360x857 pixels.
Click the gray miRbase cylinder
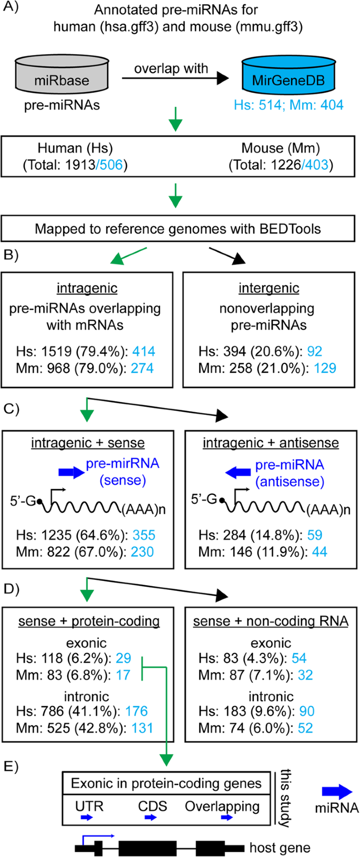[x=61, y=77]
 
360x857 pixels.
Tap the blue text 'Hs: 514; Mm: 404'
[x=289, y=105]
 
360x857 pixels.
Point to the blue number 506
[x=111, y=165]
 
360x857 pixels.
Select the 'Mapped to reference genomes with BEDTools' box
[x=178, y=229]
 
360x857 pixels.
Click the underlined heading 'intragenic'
[x=87, y=288]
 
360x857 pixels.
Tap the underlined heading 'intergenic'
[x=269, y=288]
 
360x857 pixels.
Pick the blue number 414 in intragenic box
[x=143, y=351]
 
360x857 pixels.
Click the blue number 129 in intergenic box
[x=325, y=368]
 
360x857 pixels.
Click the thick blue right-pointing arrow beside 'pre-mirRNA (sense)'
[x=70, y=472]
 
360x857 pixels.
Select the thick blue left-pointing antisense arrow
[x=238, y=473]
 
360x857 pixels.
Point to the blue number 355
[x=144, y=535]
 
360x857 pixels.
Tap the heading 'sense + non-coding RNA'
[x=271, y=621]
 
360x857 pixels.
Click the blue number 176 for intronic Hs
[x=137, y=711]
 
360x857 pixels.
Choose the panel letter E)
[x=11, y=766]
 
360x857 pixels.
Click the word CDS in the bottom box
[x=152, y=806]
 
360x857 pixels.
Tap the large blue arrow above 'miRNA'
[x=337, y=792]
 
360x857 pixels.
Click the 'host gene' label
[x=280, y=848]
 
